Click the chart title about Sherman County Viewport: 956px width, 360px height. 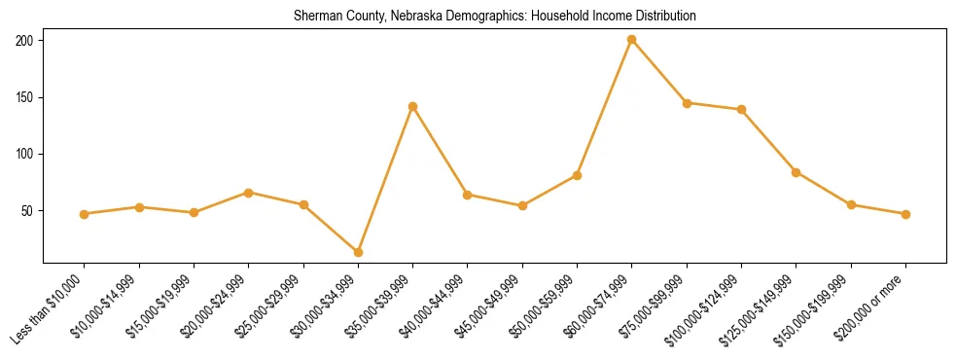coord(495,17)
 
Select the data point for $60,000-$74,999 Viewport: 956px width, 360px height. coord(632,40)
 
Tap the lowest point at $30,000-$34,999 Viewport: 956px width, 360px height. coord(358,252)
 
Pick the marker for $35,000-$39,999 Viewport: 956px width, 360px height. coord(413,106)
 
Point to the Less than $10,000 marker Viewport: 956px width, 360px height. coord(85,214)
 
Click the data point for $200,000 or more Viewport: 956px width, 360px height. coord(906,214)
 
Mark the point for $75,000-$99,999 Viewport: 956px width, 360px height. coord(687,102)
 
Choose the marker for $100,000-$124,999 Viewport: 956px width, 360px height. coord(742,109)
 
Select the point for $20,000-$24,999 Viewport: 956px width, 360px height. coord(249,193)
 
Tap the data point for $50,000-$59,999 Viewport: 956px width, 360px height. coord(578,175)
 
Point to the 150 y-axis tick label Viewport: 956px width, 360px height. coord(24,97)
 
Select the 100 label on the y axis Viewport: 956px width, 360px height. coord(24,154)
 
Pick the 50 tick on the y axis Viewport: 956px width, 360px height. coord(27,211)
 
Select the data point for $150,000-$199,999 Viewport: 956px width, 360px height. coord(852,204)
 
